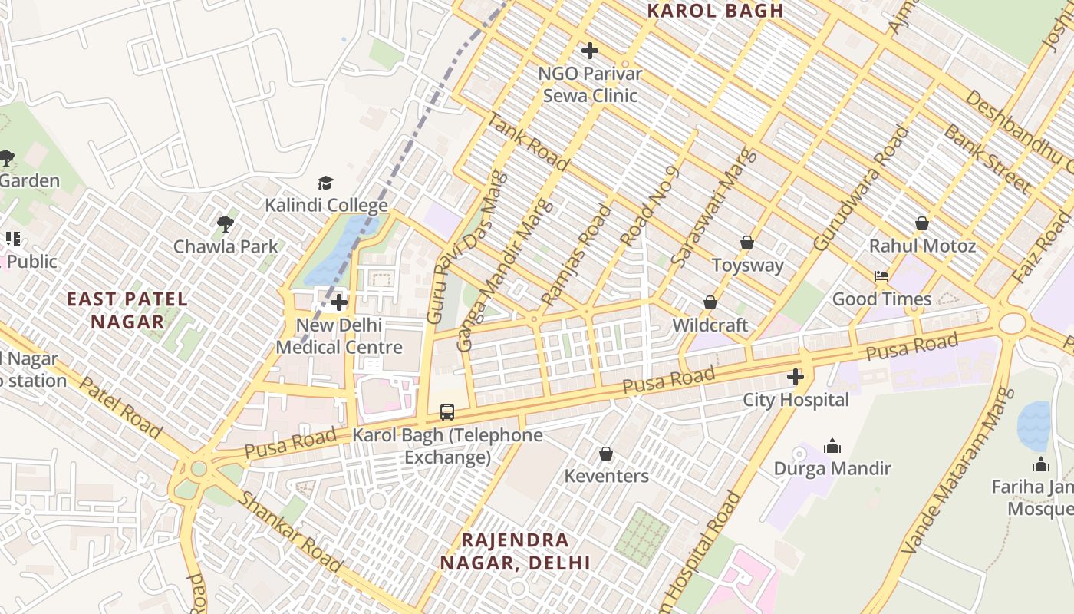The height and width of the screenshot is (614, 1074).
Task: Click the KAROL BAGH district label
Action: pyautogui.click(x=715, y=11)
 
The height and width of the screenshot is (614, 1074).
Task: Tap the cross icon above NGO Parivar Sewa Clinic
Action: pyautogui.click(x=589, y=51)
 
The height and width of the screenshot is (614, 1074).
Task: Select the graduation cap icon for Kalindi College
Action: pyautogui.click(x=326, y=183)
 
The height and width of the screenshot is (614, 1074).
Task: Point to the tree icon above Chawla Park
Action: pyautogui.click(x=225, y=223)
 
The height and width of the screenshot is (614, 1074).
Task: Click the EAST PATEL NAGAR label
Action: pyautogui.click(x=127, y=310)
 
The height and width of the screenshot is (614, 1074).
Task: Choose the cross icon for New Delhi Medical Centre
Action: pyautogui.click(x=339, y=302)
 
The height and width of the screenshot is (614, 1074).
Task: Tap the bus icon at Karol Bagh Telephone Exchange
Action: pyautogui.click(x=447, y=412)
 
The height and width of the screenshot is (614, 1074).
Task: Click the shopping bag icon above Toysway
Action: pyautogui.click(x=747, y=243)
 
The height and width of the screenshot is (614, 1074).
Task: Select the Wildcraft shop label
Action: pyautogui.click(x=710, y=325)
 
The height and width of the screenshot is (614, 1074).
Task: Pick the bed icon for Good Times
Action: pyautogui.click(x=881, y=276)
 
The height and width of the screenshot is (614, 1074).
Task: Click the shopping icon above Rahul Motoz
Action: pyautogui.click(x=922, y=223)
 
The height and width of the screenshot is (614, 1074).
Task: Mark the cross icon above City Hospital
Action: pyautogui.click(x=796, y=377)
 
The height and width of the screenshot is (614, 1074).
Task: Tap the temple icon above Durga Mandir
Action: pyautogui.click(x=832, y=446)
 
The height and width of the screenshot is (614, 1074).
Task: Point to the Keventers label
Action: pyautogui.click(x=606, y=476)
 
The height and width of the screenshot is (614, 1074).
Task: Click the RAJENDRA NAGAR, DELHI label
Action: pyautogui.click(x=515, y=551)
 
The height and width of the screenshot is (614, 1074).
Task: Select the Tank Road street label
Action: pyautogui.click(x=529, y=142)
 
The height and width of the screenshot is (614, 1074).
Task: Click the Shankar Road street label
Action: pyautogui.click(x=290, y=531)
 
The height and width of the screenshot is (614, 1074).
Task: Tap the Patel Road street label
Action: pyautogui.click(x=120, y=407)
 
